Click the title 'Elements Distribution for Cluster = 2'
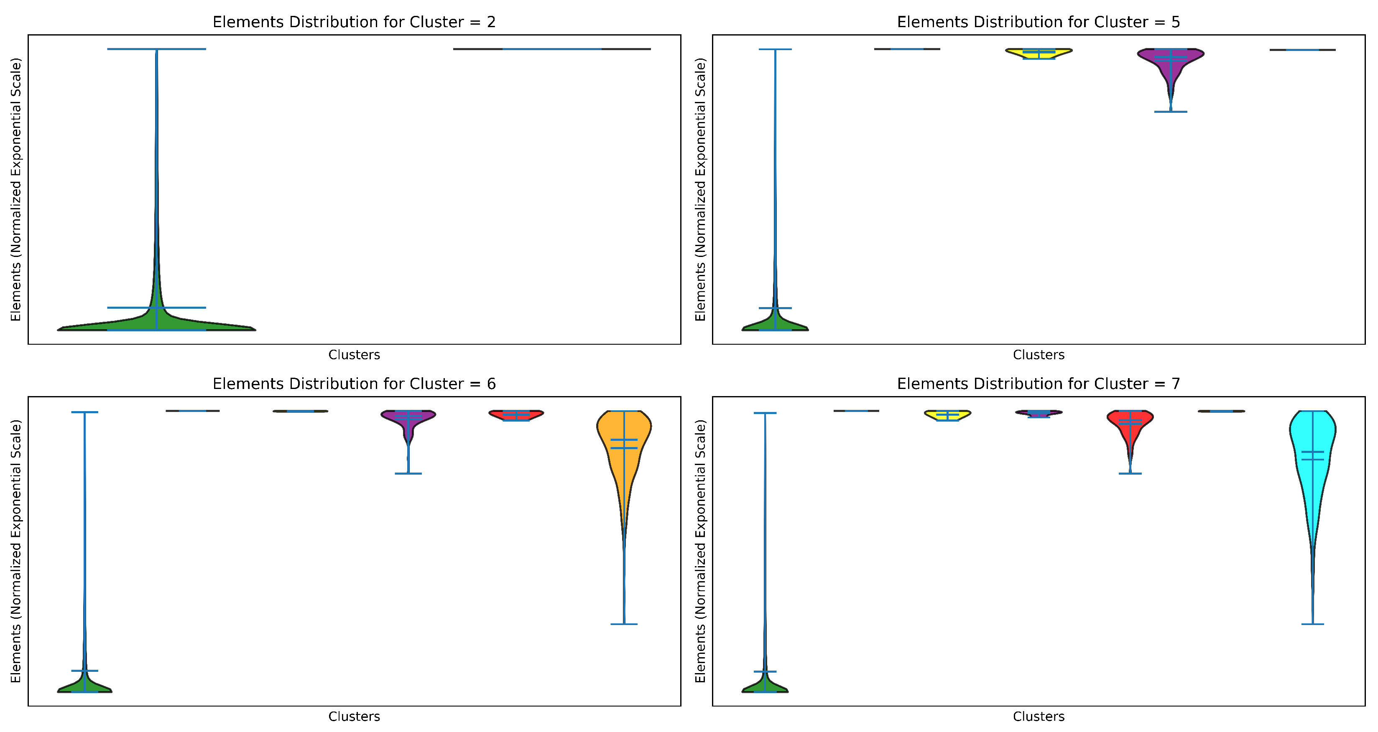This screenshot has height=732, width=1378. [x=354, y=22]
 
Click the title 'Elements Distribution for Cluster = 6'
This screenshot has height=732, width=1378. [x=354, y=384]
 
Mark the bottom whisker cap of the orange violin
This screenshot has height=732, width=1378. [x=624, y=624]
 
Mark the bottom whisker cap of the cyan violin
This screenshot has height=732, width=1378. [x=1312, y=624]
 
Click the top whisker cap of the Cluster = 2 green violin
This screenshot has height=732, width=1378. [x=156, y=49]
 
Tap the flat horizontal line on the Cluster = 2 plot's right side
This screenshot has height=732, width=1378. [x=551, y=49]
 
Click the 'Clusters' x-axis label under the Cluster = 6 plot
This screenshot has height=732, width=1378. [x=354, y=716]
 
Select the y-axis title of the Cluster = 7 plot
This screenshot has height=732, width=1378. [x=700, y=551]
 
